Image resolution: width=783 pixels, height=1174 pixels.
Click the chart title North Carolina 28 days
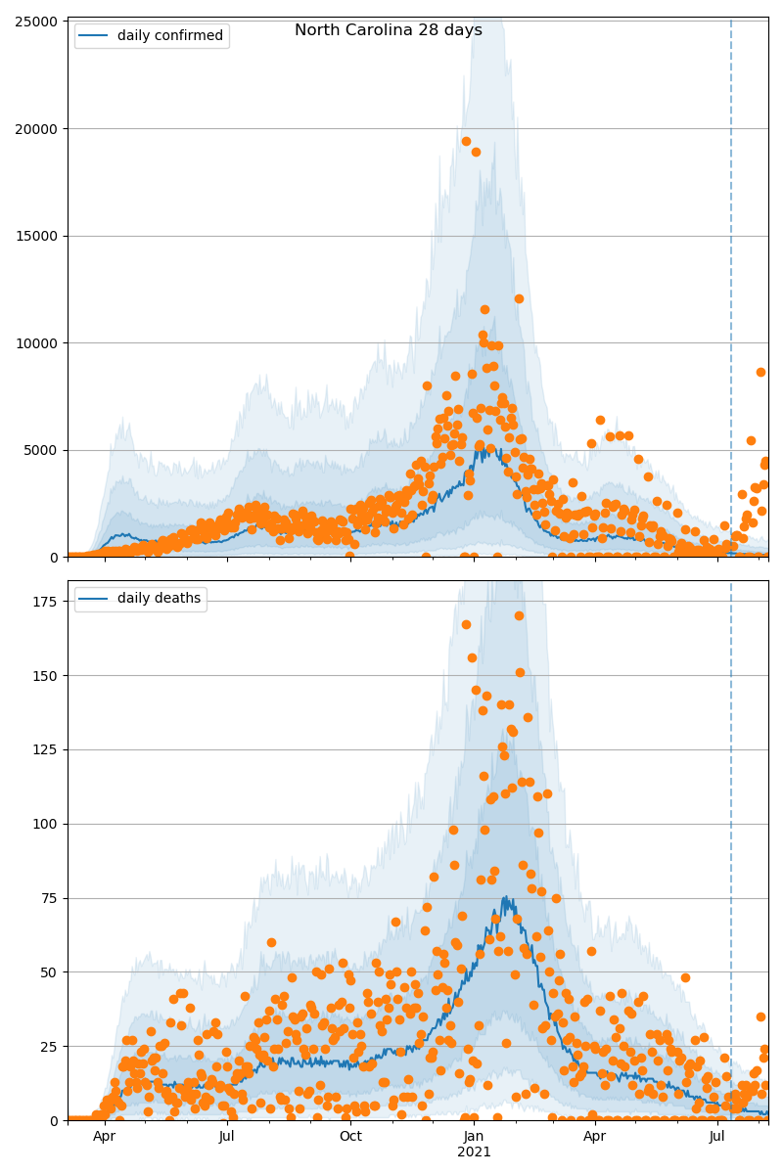click(388, 30)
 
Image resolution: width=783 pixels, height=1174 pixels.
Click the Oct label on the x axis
click(350, 1137)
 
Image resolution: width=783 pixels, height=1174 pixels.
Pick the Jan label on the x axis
click(474, 1137)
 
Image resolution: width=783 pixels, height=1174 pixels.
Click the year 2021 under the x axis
click(474, 1152)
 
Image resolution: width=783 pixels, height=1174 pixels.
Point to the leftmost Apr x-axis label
click(105, 1137)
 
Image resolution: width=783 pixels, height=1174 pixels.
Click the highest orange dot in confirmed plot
click(466, 141)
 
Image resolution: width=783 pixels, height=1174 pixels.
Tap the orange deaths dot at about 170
click(519, 615)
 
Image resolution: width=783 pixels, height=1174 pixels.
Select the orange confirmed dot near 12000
click(519, 298)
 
